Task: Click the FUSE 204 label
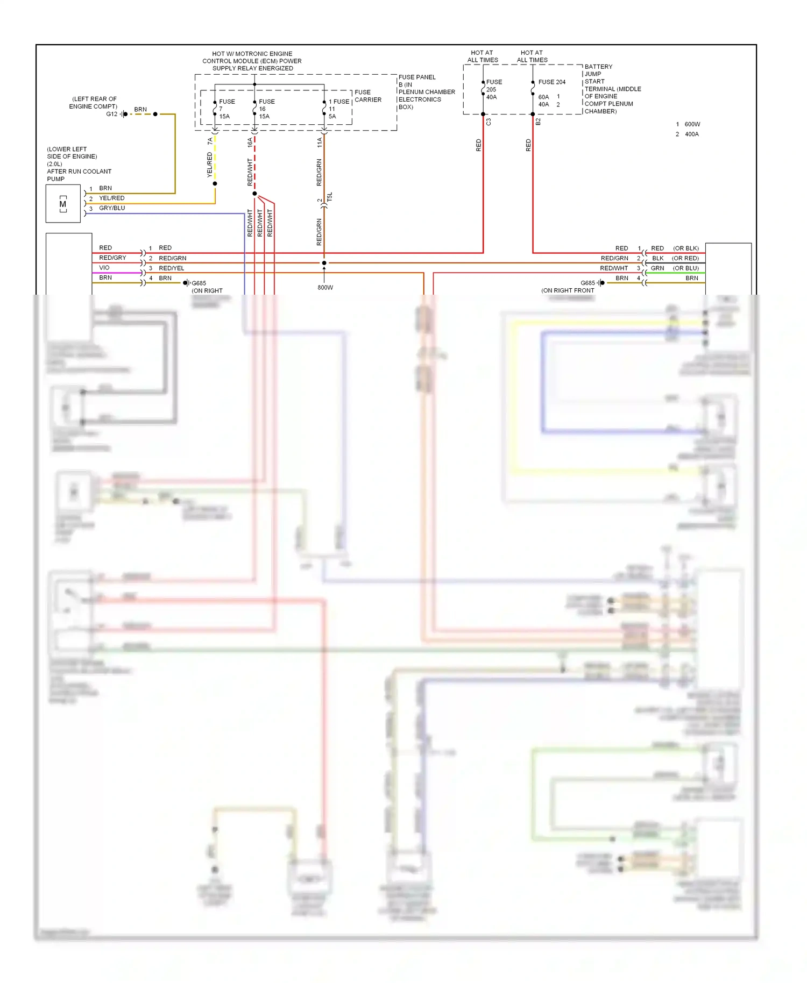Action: [551, 82]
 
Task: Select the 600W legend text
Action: [692, 124]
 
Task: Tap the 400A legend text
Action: [691, 134]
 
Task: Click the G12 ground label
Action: [111, 114]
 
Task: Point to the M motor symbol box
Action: [63, 204]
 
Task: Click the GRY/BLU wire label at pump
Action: [112, 208]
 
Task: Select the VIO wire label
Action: [104, 268]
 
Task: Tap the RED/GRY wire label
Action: [112, 258]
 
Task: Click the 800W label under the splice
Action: [325, 288]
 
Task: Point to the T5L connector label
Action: [330, 197]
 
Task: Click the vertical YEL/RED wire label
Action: [210, 165]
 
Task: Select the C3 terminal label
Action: [489, 123]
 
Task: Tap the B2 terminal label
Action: [538, 123]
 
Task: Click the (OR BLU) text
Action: [685, 268]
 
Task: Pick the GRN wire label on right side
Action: [657, 268]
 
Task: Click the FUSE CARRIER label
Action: [367, 96]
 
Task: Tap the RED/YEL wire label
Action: [171, 268]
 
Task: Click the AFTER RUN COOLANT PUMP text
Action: [79, 175]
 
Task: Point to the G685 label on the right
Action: [587, 283]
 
